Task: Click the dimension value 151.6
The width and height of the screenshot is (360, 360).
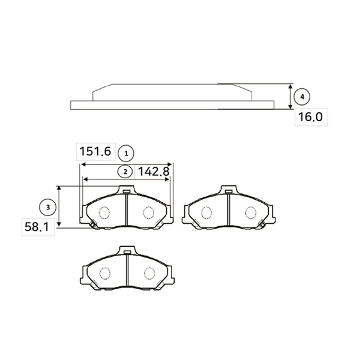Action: (x=95, y=152)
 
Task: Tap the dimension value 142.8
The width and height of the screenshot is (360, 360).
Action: (x=154, y=172)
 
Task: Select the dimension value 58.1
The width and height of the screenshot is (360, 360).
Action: (x=37, y=227)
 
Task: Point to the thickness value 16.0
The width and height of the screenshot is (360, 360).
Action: (x=310, y=117)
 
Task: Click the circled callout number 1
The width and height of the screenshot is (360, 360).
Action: (x=126, y=154)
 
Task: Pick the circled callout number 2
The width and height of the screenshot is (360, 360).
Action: (x=125, y=172)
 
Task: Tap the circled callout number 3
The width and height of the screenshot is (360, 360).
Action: (x=48, y=208)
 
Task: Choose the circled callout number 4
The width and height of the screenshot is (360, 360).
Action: (x=302, y=97)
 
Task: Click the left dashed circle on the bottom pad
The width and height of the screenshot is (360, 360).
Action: (x=105, y=274)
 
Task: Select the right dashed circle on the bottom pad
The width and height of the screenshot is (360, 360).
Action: (x=149, y=274)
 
